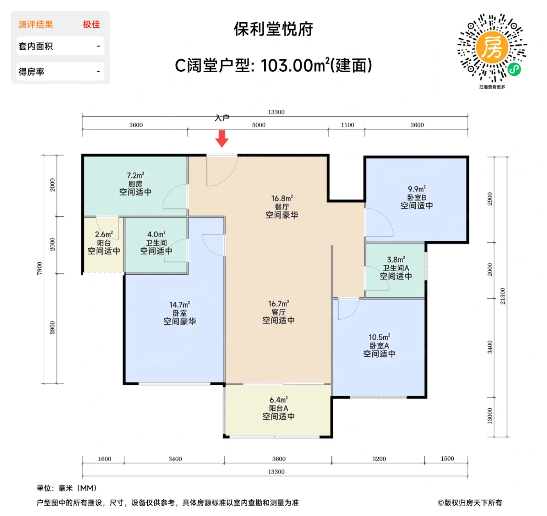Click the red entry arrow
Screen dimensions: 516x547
222,139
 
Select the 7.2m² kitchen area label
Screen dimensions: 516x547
135,176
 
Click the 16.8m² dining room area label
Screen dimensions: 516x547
282,198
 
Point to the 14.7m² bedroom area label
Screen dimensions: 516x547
179,305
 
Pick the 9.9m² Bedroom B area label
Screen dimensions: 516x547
417,189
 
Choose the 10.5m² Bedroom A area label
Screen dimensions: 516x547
379,337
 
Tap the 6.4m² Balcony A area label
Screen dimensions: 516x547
278,400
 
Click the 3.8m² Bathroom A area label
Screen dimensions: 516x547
396,260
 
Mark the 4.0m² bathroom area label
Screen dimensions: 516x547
156,235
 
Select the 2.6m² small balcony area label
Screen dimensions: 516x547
104,235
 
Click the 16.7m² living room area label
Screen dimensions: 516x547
278,304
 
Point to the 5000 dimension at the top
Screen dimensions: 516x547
258,125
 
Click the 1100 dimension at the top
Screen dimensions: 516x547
347,125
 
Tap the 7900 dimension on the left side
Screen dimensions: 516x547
39,268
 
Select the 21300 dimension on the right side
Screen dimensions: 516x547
502,296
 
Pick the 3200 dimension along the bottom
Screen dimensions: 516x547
379,459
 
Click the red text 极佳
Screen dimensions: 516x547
91,25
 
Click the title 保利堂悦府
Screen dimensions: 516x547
273,29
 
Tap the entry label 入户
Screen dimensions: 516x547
222,118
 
